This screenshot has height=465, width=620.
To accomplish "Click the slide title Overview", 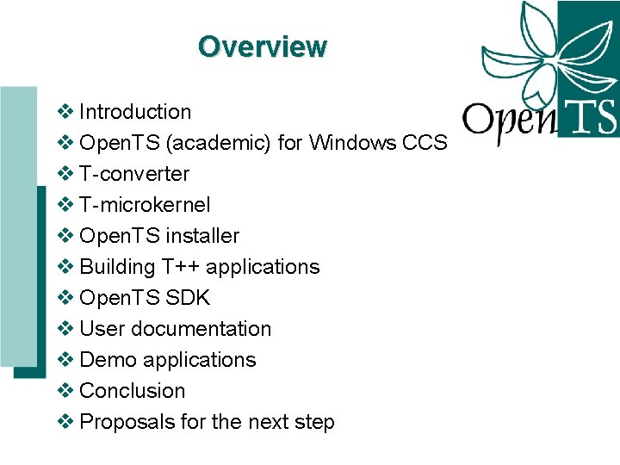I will point(262,46).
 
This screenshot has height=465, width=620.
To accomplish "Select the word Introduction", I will point(135,112).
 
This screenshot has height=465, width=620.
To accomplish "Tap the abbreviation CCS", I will point(425,143).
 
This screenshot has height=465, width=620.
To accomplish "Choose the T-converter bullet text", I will point(134,174).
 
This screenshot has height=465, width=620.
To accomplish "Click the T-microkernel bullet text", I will point(145,205).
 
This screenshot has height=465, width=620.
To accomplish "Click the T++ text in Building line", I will point(178,267).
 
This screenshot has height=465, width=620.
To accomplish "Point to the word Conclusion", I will point(132,391).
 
